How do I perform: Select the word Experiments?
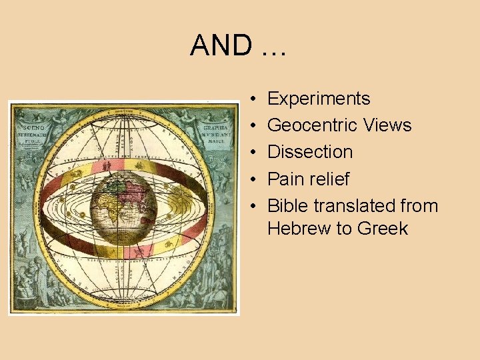click(319, 99)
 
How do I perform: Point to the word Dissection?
click(310, 152)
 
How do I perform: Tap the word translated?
click(355, 206)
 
